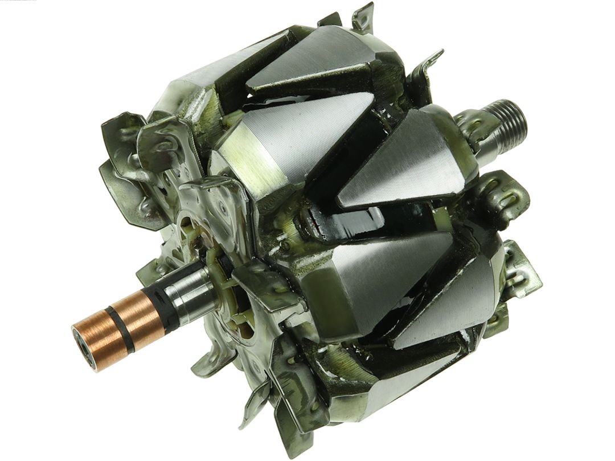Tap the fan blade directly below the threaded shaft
[x=501, y=196]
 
